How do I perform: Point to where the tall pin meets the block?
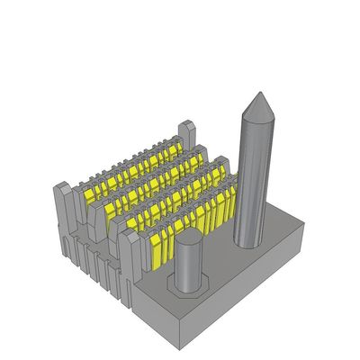pos(251,241)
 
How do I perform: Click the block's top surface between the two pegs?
pos(220,261)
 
